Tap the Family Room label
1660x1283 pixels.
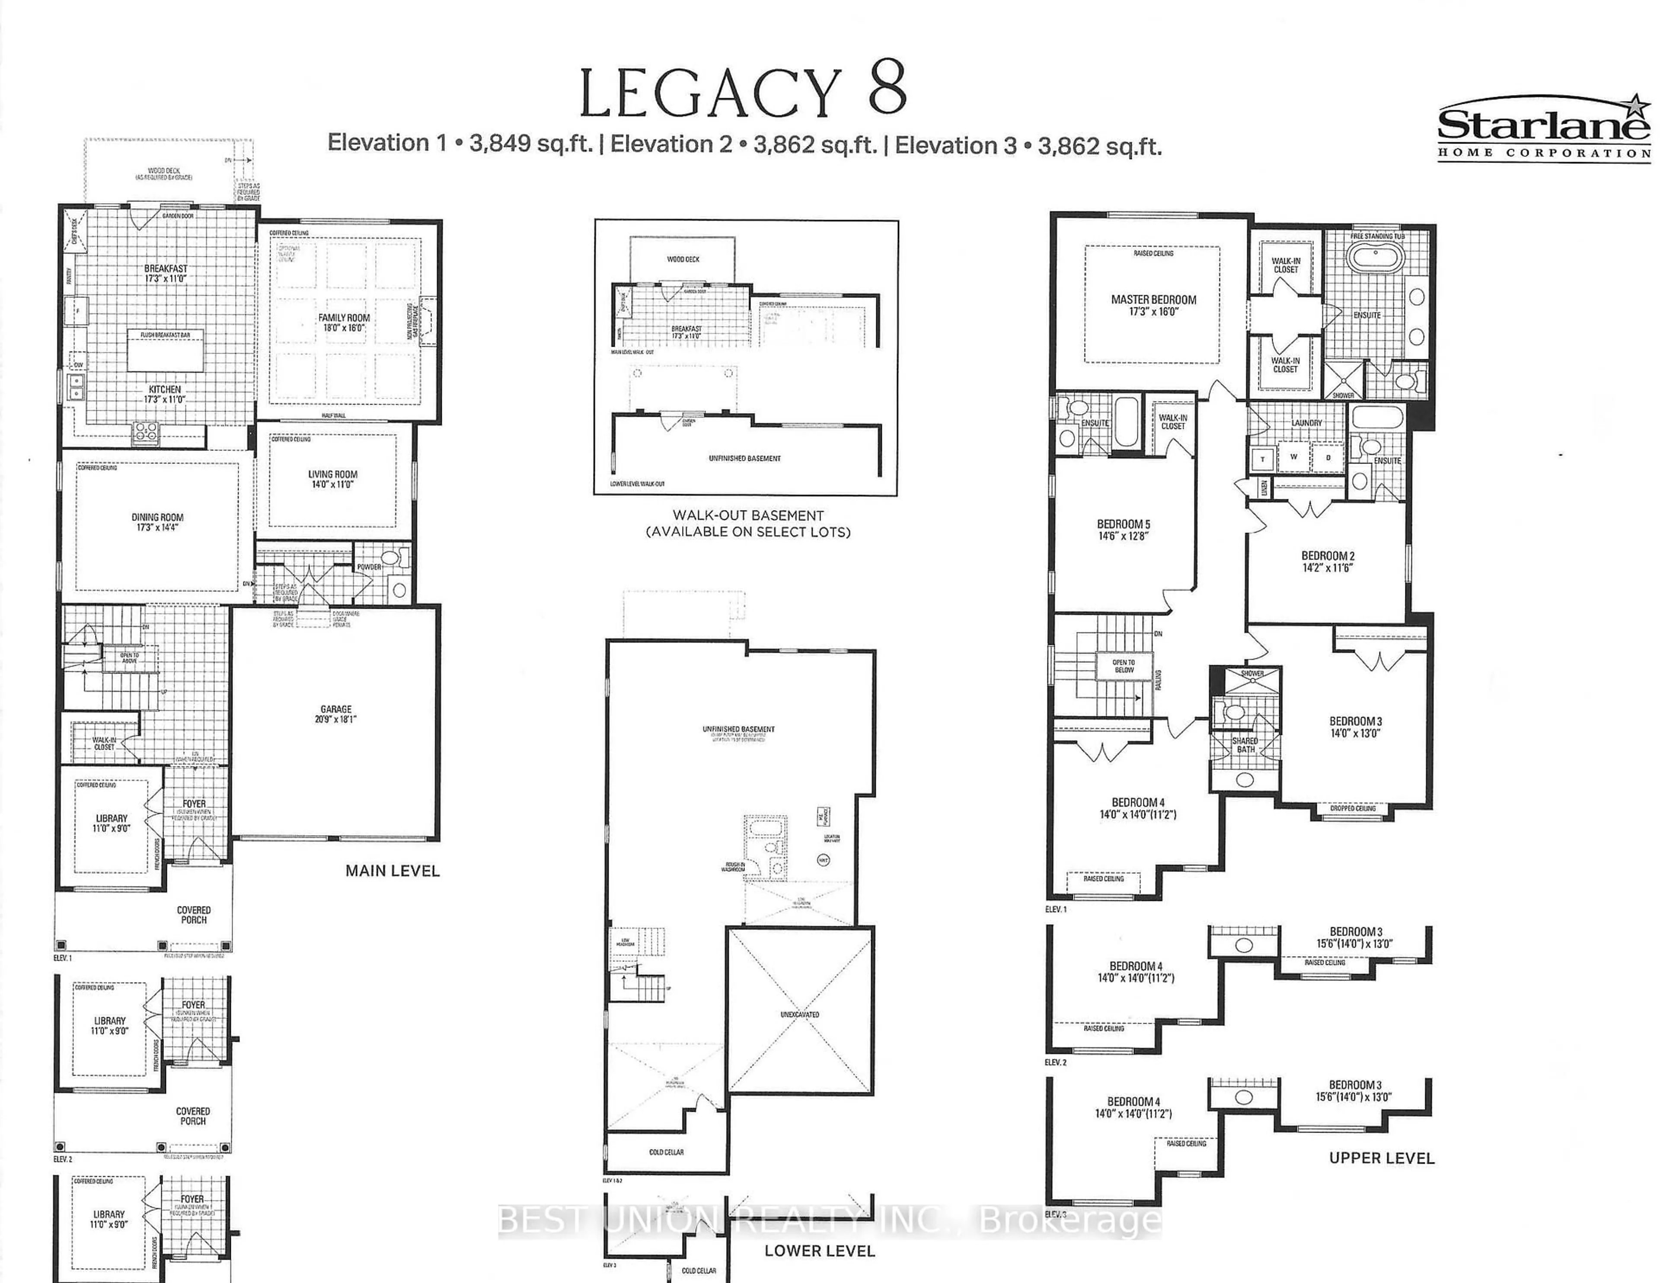tap(344, 322)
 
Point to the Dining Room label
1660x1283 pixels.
tap(157, 521)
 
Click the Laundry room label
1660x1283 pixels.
tap(1306, 423)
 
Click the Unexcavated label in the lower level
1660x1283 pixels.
tap(800, 1014)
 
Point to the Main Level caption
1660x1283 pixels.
tap(392, 871)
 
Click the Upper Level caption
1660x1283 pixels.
tap(1381, 1159)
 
